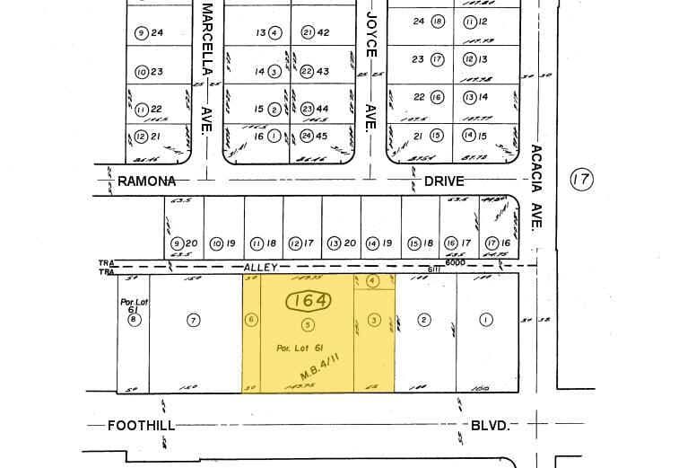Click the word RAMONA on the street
coord(146,181)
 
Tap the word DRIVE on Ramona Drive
coord(444,181)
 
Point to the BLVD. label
coord(491,425)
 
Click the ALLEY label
coord(263,268)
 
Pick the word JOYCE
coord(370,33)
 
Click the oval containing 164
coord(307,300)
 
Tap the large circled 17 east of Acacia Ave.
coord(581,181)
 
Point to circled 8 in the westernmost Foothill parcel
coord(134,319)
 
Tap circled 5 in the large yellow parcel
coord(308,324)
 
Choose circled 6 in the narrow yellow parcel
coord(252,319)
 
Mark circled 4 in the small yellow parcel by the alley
coord(373,280)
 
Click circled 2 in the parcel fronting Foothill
coord(425,319)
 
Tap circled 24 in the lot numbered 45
coord(306,136)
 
